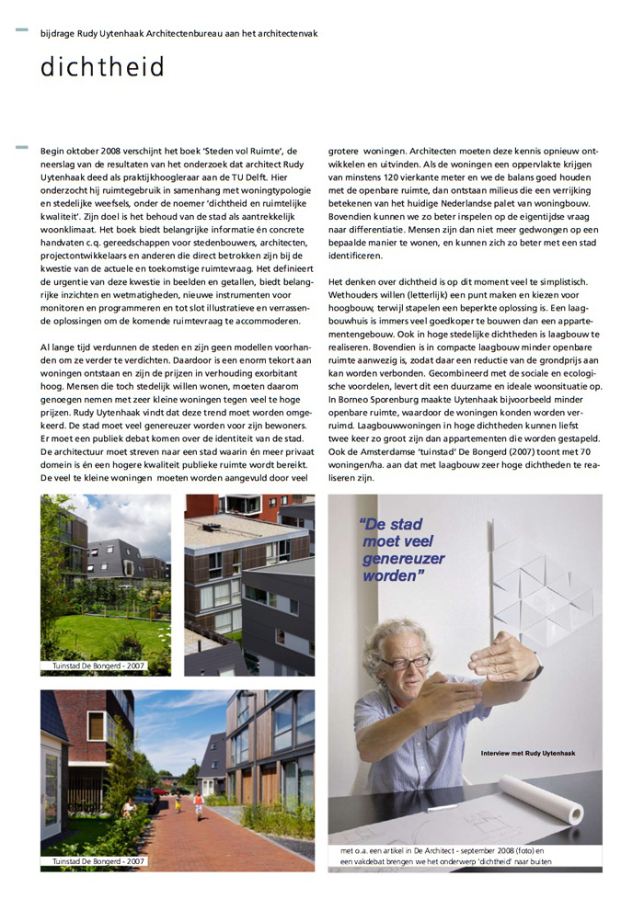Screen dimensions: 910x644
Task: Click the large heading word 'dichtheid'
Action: (102, 68)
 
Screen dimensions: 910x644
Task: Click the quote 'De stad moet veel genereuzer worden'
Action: (403, 551)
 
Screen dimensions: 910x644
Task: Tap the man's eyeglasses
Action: (407, 662)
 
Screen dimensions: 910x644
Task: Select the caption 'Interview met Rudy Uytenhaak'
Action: (527, 754)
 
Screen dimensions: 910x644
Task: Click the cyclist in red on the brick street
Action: (199, 805)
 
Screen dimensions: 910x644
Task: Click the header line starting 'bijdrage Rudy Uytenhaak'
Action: (178, 33)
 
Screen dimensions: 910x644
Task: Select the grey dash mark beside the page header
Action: (21, 31)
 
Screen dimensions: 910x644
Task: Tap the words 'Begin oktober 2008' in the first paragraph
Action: (87, 150)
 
